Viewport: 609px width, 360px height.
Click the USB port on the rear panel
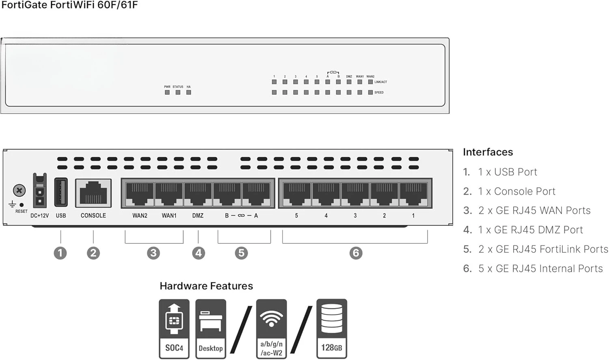[60, 193]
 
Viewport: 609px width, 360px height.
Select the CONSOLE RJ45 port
[93, 193]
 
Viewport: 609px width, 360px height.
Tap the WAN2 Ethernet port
[140, 194]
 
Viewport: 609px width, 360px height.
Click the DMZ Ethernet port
[198, 194]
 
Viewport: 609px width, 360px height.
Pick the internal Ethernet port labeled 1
[413, 194]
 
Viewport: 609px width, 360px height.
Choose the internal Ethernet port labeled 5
[297, 194]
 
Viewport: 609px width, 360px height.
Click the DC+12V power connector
[40, 191]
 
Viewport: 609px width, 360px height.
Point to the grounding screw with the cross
[19, 190]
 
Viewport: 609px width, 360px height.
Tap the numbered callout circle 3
[153, 253]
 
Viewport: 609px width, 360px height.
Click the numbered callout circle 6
[356, 253]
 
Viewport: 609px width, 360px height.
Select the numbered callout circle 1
[60, 253]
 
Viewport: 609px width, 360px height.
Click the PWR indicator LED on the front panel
[167, 92]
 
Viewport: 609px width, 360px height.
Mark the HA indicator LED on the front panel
[188, 92]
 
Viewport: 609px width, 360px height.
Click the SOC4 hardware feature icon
[174, 329]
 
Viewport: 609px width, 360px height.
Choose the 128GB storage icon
[332, 329]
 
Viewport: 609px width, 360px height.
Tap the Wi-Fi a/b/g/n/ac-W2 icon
[271, 329]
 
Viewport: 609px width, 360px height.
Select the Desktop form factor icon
[210, 329]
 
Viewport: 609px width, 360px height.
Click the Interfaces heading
[488, 152]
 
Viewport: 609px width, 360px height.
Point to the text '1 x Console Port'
[516, 191]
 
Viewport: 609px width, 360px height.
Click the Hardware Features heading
[206, 286]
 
